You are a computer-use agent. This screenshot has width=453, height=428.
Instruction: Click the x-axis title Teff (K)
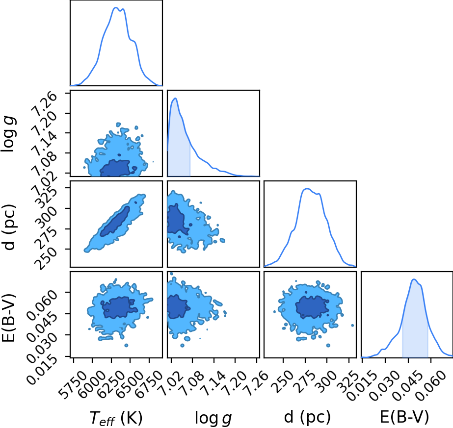[x=116, y=418]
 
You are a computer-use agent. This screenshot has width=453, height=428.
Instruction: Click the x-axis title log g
[x=213, y=418]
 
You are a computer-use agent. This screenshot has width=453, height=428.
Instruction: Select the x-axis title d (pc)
[x=307, y=417]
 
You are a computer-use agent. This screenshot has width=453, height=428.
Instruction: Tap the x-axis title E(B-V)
[x=404, y=417]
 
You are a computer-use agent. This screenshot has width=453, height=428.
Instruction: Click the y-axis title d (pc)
[x=9, y=227]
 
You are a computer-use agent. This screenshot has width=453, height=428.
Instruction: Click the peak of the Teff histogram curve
[x=115, y=8]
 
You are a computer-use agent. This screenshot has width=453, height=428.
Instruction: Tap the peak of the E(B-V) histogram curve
[x=414, y=279]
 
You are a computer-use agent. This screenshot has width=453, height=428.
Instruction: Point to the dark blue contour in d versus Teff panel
[x=115, y=222]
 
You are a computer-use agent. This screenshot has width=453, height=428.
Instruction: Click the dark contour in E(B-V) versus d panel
[x=312, y=307]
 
